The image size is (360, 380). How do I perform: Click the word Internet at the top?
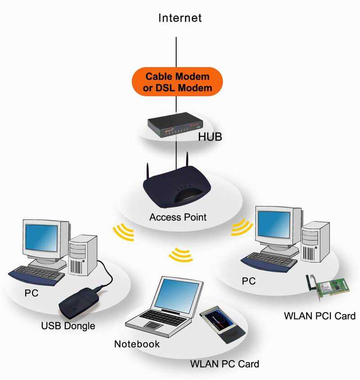(x=180, y=18)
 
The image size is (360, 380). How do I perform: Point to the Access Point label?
(x=178, y=217)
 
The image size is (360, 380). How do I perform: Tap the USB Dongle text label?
(x=68, y=326)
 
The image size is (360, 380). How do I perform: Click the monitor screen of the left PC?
(x=42, y=239)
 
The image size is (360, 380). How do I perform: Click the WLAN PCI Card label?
(x=319, y=315)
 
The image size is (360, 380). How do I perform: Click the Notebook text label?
(x=137, y=344)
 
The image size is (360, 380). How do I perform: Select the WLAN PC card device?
(x=222, y=321)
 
